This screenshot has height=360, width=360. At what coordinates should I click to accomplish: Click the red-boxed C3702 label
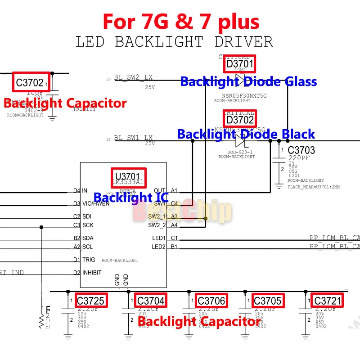31,82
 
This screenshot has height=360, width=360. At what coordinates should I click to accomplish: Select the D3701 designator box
240,64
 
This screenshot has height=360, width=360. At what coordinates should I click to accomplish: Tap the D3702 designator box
240,120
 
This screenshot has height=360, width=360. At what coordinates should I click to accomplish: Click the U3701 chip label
129,176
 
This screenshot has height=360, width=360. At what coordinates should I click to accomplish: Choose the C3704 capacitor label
151,301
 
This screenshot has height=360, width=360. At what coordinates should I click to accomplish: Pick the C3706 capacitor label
211,301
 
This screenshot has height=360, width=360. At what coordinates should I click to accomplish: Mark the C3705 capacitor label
267,301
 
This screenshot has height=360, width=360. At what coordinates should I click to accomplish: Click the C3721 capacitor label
328,301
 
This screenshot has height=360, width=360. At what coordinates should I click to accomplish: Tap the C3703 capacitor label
301,150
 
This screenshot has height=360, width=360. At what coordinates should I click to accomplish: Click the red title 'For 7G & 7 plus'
181,21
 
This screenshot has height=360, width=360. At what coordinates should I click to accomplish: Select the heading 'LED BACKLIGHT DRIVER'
174,42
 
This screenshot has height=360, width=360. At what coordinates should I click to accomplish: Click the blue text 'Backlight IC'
131,198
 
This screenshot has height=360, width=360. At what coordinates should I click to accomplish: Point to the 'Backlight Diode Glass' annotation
248,82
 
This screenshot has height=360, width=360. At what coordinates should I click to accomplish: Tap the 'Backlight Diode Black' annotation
246,135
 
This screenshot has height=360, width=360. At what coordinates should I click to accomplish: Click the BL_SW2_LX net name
133,77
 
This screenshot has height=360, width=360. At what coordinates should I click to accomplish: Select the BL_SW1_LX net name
133,138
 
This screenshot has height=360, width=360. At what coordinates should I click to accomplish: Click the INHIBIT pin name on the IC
92,273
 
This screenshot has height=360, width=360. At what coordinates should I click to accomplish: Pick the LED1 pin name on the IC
158,238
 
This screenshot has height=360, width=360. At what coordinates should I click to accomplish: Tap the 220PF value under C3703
299,159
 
